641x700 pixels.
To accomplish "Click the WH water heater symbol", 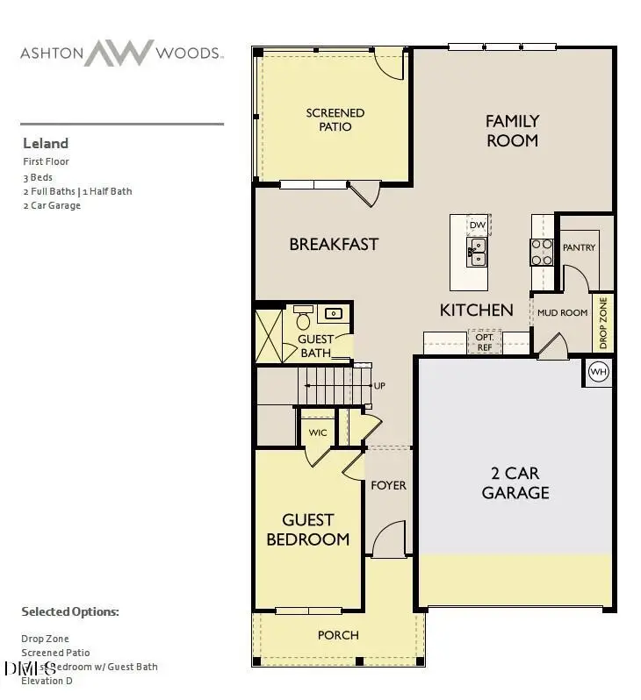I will pos(599,371).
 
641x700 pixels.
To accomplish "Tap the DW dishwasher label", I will pos(478,225).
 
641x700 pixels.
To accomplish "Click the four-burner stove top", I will pos(541,252).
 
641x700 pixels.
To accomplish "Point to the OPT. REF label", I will pos(484,341).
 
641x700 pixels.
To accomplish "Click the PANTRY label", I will pos(579,247).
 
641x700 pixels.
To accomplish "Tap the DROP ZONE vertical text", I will pos(602,322).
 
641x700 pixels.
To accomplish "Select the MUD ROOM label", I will pos(562,312).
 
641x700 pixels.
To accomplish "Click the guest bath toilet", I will pos(303,315).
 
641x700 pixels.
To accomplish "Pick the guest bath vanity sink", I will pos(335,313).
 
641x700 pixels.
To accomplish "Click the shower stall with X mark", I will pos(269,334).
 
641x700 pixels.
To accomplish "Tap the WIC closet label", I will pos(318,432).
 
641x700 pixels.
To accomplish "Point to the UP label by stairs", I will pos(379,386).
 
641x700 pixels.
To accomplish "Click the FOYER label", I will pos(388,485).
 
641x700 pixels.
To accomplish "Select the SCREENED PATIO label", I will pos(335,119).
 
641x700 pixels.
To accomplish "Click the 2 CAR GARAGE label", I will pos(515,482).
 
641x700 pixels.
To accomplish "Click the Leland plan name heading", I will pos(45,143).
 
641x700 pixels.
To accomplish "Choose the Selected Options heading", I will pos(69,611).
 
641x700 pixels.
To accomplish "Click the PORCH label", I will pos(338,635).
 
